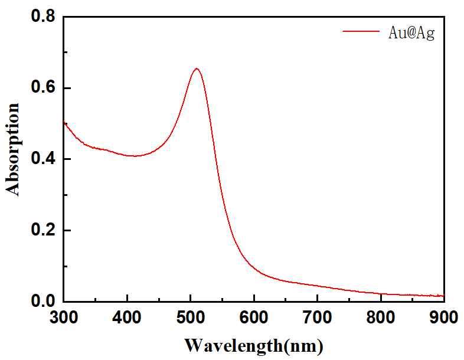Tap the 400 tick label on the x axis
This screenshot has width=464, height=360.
128,318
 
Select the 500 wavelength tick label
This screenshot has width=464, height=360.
191,318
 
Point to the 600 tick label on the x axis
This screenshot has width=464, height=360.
254,318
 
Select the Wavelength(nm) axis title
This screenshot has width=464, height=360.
254,345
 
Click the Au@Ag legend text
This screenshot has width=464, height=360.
411,34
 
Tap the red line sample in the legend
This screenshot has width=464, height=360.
360,32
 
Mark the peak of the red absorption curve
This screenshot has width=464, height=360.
197,68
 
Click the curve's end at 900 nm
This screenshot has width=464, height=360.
443,296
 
